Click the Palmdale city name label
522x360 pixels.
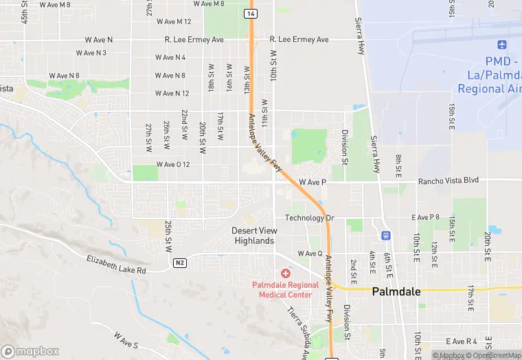(396, 291)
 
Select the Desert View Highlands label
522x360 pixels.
(253, 236)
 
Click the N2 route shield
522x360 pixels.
(180, 262)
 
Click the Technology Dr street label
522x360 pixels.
(309, 218)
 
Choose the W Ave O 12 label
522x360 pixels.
(172, 164)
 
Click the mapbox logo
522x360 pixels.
(30, 351)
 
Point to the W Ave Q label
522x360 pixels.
(310, 254)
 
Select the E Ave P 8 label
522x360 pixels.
(425, 217)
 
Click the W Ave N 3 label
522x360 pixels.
(91, 52)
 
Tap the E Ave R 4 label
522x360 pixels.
(461, 341)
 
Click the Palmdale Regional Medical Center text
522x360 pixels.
(285, 290)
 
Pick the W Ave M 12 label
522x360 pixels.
(174, 22)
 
